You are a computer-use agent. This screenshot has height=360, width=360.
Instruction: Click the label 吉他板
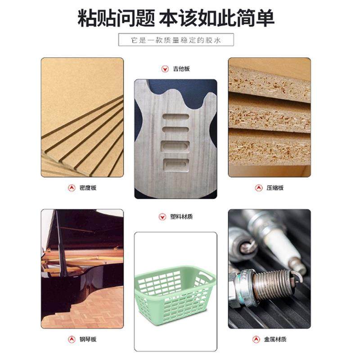[x=182, y=69]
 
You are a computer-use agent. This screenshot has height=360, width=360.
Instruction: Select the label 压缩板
[x=275, y=188]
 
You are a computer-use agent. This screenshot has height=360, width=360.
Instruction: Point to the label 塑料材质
[x=181, y=216]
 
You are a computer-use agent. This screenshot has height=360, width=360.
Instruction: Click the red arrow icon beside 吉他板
[x=164, y=69]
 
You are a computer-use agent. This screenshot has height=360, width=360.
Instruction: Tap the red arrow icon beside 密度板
[x=71, y=188]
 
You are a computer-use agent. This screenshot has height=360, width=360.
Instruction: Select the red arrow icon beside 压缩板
[x=259, y=188]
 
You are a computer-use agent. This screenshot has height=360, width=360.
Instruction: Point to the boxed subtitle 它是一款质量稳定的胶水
[x=176, y=39]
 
